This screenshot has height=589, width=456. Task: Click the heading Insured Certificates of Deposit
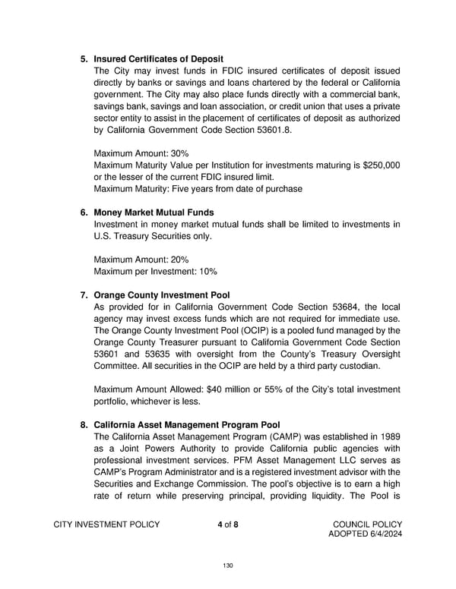(x=158, y=58)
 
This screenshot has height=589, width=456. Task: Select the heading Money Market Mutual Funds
(x=154, y=212)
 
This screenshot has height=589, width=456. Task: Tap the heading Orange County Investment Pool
(x=161, y=293)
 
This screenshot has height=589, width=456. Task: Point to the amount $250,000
(x=379, y=165)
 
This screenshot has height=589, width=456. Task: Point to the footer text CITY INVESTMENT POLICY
(x=107, y=525)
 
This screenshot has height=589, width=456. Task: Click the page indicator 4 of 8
(x=227, y=525)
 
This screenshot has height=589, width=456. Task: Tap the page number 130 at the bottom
(x=227, y=565)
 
